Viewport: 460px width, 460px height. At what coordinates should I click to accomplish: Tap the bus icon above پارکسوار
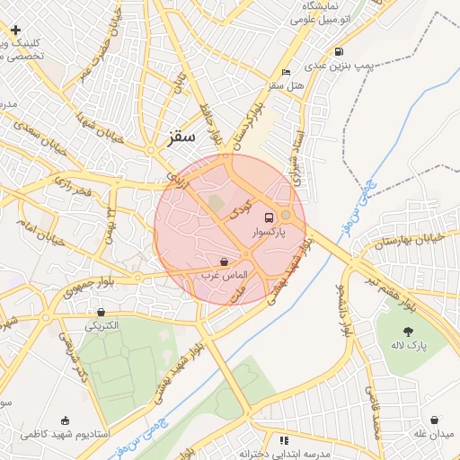click(x=269, y=217)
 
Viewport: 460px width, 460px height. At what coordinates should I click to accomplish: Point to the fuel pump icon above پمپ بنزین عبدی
click(x=338, y=51)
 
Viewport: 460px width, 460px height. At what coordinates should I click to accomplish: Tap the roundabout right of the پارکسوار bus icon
click(x=287, y=215)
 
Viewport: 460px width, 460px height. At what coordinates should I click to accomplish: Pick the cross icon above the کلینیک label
click(x=16, y=31)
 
